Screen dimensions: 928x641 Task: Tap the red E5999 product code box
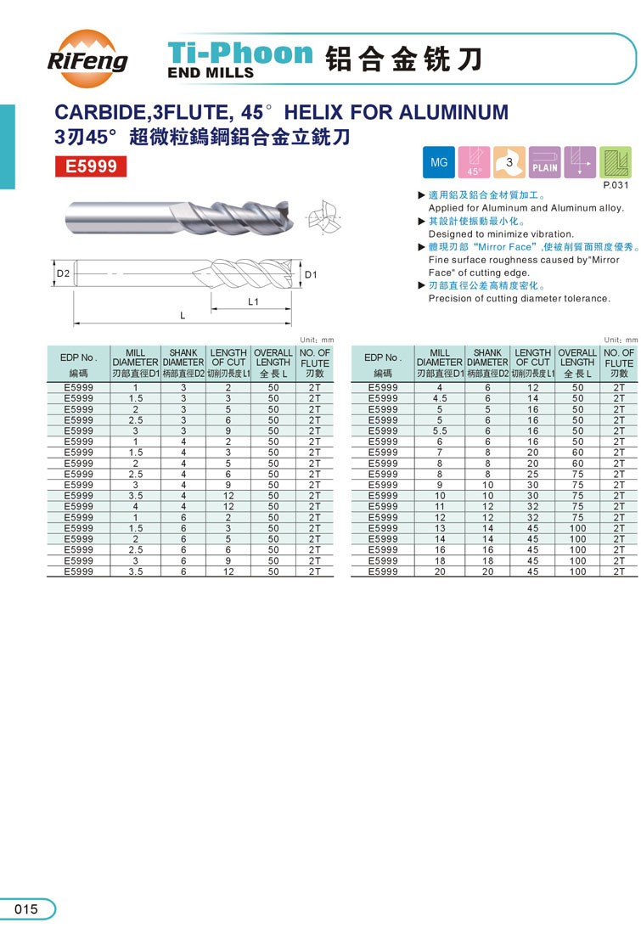tap(91, 166)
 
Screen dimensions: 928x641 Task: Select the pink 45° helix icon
tap(474, 162)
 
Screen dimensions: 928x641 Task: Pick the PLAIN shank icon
tap(544, 162)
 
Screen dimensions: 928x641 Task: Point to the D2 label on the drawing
tap(63, 274)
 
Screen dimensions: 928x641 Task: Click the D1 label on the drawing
tap(311, 274)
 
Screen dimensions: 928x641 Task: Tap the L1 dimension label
tap(253, 302)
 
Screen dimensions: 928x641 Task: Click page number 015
tap(26, 909)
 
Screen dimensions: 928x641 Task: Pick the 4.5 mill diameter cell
tap(440, 398)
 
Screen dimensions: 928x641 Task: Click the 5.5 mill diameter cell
tap(440, 430)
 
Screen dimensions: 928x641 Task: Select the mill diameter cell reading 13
tap(440, 528)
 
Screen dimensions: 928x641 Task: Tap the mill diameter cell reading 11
tap(440, 507)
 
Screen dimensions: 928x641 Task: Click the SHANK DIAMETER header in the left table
tap(183, 357)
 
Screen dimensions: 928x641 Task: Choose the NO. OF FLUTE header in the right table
tap(619, 357)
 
